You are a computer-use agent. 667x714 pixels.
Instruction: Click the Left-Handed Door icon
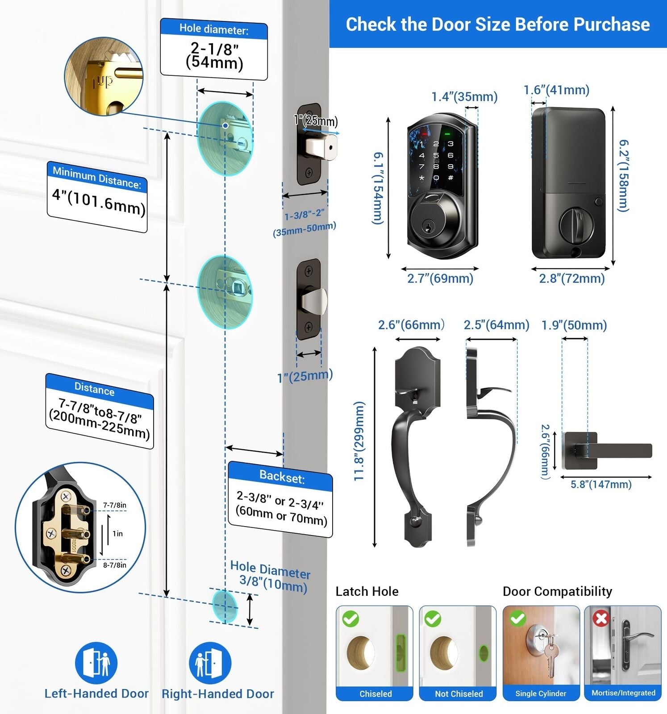tap(96, 663)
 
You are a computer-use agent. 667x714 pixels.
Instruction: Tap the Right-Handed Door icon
tap(210, 663)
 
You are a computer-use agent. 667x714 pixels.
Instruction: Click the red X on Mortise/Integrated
tap(601, 618)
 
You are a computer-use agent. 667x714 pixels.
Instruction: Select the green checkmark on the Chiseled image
tap(350, 619)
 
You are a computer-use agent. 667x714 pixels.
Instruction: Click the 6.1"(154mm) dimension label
tap(378, 188)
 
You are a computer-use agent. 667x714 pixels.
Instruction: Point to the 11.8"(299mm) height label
tap(359, 441)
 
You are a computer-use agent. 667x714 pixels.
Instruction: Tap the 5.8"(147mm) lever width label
tap(601, 484)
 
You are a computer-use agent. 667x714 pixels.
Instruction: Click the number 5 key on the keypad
tap(436, 155)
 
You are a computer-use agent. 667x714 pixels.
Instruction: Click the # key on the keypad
tap(450, 178)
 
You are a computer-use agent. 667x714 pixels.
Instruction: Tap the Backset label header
tap(282, 477)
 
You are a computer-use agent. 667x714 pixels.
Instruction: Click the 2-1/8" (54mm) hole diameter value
tap(214, 56)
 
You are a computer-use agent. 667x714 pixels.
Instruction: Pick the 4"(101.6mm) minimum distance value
tap(99, 201)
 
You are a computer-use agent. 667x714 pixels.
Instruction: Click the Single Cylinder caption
tap(541, 693)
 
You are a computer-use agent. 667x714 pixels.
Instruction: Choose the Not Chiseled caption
tap(459, 693)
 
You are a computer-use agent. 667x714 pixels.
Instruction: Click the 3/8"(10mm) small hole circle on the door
tap(225, 606)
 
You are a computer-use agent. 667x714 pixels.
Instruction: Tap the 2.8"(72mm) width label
tap(571, 278)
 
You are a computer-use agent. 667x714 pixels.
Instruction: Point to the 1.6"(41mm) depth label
tap(556, 90)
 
